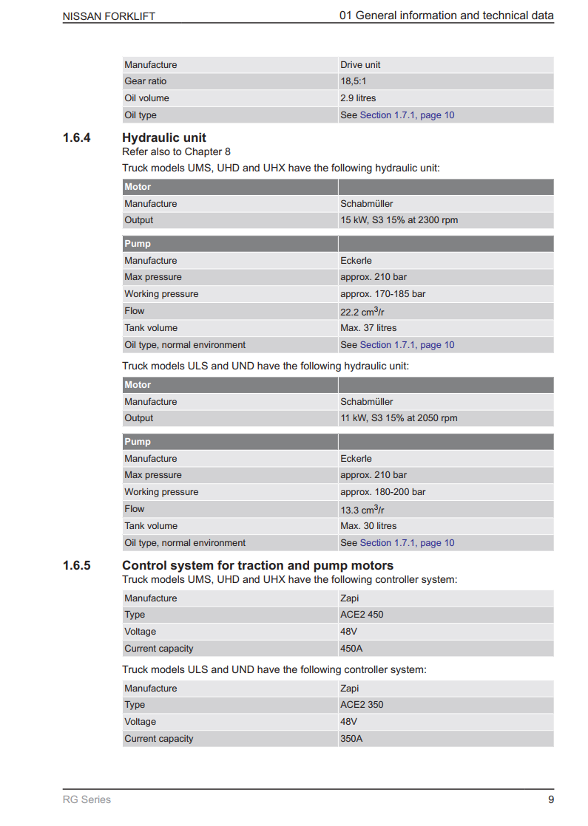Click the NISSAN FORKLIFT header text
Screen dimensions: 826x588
click(x=109, y=16)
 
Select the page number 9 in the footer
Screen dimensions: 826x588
click(x=550, y=799)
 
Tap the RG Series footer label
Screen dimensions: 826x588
click(x=87, y=799)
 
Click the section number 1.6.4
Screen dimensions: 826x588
click(x=77, y=138)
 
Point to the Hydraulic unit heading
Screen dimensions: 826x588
click(x=164, y=138)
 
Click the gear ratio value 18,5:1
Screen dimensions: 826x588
click(x=354, y=81)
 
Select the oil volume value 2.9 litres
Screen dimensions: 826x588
click(x=358, y=98)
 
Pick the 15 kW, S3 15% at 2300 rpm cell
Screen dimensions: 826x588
click(x=399, y=220)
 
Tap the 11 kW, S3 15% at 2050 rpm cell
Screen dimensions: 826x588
click(x=399, y=418)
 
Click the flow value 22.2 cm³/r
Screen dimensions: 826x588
click(x=362, y=311)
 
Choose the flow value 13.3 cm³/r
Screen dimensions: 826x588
click(x=362, y=509)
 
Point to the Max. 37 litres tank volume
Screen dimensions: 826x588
click(x=368, y=328)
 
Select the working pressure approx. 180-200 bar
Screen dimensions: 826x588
click(x=382, y=492)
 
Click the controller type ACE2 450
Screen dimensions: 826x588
click(x=362, y=615)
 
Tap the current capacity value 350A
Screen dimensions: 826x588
click(x=351, y=739)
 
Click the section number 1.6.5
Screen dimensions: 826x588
click(x=77, y=566)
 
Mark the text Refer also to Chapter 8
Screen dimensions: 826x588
click(x=176, y=152)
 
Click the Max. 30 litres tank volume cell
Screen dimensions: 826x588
click(x=368, y=526)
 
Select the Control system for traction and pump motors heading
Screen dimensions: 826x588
click(x=257, y=566)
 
